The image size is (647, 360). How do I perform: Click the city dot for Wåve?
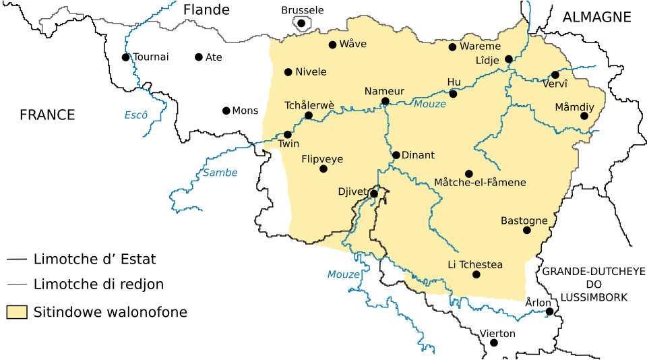332,45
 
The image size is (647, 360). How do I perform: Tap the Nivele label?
311,72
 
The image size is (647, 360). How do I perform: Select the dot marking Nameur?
386,102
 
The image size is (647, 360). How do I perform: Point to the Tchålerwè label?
309,105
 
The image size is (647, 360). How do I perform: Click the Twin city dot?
288,135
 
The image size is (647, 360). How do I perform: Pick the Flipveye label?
322,160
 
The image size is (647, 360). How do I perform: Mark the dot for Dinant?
396,155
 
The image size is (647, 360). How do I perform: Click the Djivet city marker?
374,193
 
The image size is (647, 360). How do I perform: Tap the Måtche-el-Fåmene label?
480,183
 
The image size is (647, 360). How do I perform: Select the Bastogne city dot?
527,231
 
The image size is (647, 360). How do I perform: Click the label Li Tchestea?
475,265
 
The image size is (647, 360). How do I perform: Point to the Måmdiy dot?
584,116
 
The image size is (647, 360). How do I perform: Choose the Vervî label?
555,84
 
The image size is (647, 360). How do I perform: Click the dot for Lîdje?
509,59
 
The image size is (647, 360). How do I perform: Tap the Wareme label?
480,47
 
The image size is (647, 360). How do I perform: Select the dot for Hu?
453,94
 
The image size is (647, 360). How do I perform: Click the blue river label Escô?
135,115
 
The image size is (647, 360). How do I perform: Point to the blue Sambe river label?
220,173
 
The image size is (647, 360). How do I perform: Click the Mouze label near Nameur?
430,104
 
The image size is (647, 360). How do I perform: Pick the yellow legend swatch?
17,312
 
